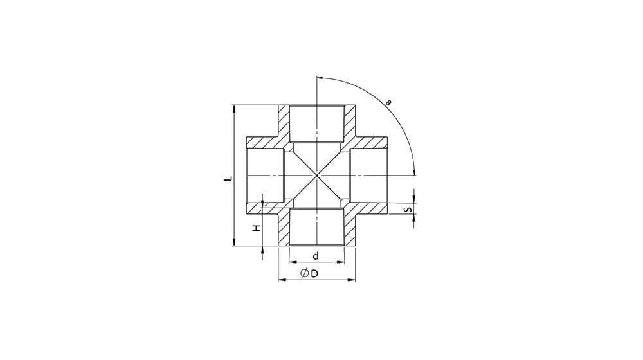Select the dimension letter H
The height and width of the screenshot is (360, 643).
257,228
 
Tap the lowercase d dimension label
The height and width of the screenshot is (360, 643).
316,256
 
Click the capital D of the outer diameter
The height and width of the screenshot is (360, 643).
314,273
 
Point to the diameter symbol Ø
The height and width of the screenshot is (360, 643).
305,273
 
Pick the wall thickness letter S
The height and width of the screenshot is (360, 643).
407,210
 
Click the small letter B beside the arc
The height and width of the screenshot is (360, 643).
389,102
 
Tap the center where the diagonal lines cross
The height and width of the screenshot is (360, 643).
317,175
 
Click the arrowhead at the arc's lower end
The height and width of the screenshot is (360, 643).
414,172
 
